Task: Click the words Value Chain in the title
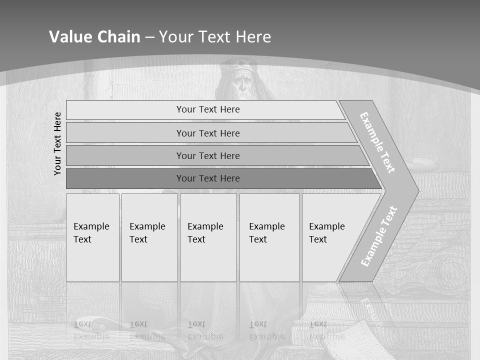coord(94,37)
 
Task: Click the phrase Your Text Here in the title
coord(215,37)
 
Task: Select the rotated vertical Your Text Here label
coord(57,143)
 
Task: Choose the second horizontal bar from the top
coord(207,133)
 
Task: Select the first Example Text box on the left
coord(92,237)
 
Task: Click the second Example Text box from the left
coord(149,237)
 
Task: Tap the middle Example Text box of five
coord(208,237)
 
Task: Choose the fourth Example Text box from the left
coord(269,237)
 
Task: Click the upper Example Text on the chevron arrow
coord(377,142)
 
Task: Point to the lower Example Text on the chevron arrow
coord(379,236)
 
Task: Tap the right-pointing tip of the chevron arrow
coord(416,191)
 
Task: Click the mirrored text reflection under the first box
coord(91,330)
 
